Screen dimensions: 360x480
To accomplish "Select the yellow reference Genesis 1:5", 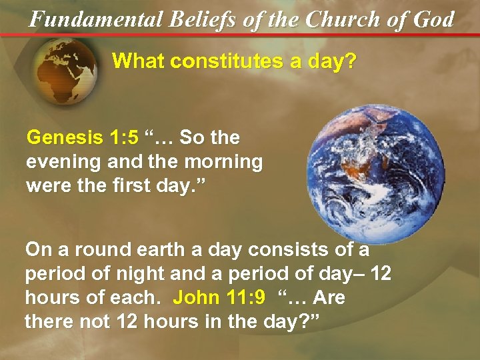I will click(82, 138).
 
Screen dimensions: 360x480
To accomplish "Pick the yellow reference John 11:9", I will click(219, 298).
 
